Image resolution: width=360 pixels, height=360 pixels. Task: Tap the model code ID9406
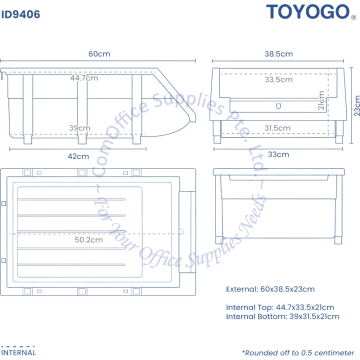[x=20, y=14]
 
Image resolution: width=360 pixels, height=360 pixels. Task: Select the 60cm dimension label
[x=99, y=54]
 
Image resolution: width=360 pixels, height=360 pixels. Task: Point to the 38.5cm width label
[x=278, y=54]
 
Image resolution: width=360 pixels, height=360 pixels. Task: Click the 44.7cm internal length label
[x=84, y=78]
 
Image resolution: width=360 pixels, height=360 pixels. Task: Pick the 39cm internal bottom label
[x=79, y=128]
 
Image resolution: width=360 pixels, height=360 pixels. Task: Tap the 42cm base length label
[x=78, y=156]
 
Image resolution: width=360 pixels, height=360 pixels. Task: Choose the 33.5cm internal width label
[x=278, y=79]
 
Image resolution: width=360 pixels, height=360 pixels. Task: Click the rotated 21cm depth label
[x=321, y=100]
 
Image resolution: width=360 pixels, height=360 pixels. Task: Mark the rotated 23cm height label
[x=357, y=105]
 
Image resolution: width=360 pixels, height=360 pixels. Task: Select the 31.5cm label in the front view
[x=277, y=128]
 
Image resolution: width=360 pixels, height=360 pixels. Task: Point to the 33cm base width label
[x=278, y=154]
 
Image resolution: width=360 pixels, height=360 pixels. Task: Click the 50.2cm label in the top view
[x=88, y=240]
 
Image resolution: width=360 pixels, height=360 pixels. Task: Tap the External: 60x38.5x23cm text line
[x=270, y=289]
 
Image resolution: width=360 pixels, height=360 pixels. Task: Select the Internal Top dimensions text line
[x=280, y=307]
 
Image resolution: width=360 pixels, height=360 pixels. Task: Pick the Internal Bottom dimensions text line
[x=282, y=316]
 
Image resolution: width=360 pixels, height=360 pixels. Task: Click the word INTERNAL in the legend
[x=18, y=352]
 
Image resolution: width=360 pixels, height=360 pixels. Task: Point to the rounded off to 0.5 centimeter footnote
[x=298, y=353]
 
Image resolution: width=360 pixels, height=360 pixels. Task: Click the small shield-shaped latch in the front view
[x=278, y=106]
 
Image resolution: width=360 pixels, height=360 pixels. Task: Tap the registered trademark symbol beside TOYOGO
[x=354, y=17]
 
